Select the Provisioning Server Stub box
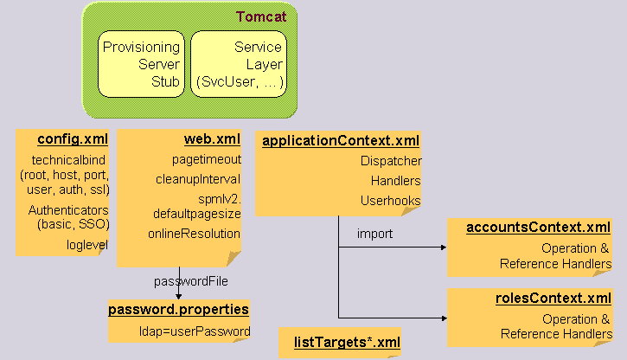click(x=141, y=64)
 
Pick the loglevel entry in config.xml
click(x=88, y=244)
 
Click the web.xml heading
click(x=212, y=139)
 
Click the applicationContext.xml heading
click(x=341, y=140)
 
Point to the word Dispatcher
click(x=391, y=161)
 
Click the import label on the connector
click(x=374, y=234)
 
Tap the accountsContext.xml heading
click(x=538, y=228)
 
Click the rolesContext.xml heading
click(x=550, y=299)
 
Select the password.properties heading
click(x=179, y=309)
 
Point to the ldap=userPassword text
click(x=200, y=331)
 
